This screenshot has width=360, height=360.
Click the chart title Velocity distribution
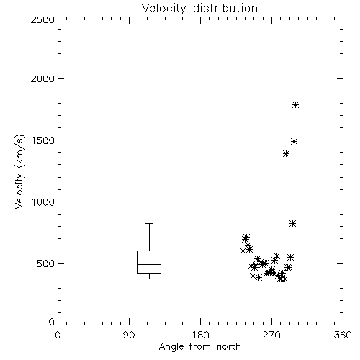point(199,9)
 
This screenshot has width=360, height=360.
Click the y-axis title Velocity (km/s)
point(19,172)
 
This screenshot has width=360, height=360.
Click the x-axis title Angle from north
point(199,347)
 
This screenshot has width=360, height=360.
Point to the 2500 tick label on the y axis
point(42,19)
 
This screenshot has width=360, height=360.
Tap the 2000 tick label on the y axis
point(42,79)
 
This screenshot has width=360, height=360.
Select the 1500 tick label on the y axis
point(43,140)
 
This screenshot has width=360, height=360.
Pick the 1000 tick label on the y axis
point(43,202)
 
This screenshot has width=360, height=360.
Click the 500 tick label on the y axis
point(46,264)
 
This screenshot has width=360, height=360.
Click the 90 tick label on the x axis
point(129,335)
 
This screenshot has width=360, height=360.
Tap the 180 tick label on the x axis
point(200,335)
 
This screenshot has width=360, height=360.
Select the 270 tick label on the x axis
point(271,335)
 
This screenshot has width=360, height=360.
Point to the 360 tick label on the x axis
point(343,335)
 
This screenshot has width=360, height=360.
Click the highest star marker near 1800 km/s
point(295,104)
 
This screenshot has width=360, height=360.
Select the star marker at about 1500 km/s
point(294,141)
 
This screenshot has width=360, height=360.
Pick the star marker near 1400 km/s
point(286,153)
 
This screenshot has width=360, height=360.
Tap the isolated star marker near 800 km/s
point(292,224)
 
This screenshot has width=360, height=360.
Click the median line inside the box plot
point(149,264)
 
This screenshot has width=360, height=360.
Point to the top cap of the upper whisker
point(149,223)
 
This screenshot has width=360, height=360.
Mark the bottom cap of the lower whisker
point(149,279)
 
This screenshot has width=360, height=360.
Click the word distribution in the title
point(225,9)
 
